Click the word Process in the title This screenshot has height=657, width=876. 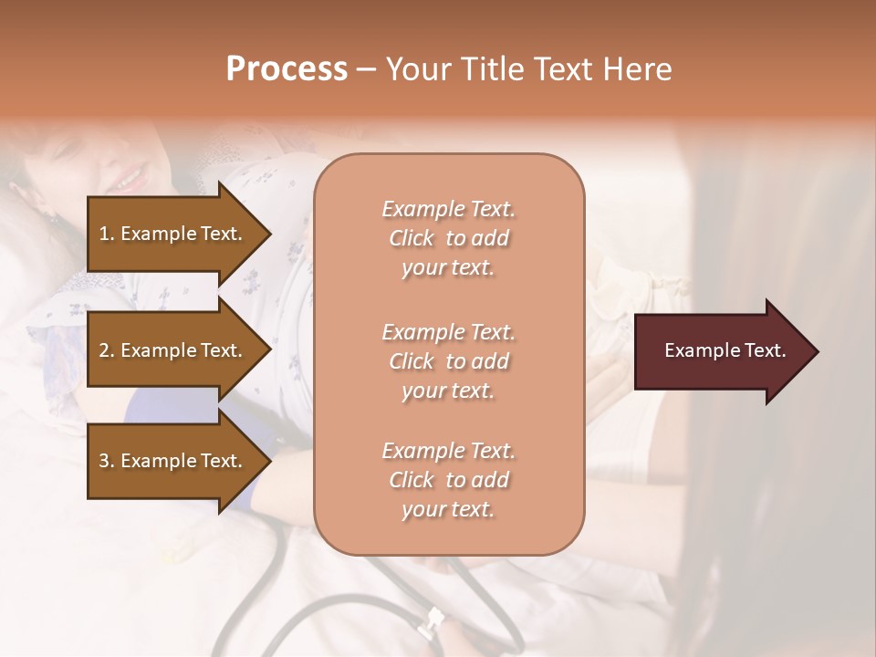[x=287, y=69]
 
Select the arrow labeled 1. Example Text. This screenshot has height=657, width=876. [x=173, y=234]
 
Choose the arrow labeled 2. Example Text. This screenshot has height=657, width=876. [x=173, y=350]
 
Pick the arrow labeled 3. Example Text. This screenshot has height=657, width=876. [x=173, y=462]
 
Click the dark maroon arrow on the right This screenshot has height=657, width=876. [x=721, y=351]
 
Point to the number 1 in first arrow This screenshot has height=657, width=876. [x=104, y=234]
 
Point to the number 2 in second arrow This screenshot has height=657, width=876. [x=104, y=350]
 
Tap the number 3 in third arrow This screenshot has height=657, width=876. [x=104, y=462]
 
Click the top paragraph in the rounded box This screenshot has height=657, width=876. [x=448, y=238]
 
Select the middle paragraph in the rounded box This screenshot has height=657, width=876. [x=448, y=360]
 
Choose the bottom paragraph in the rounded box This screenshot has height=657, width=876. [x=448, y=480]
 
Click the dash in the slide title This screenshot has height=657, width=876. [x=367, y=69]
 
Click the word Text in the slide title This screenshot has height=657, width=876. [x=564, y=69]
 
